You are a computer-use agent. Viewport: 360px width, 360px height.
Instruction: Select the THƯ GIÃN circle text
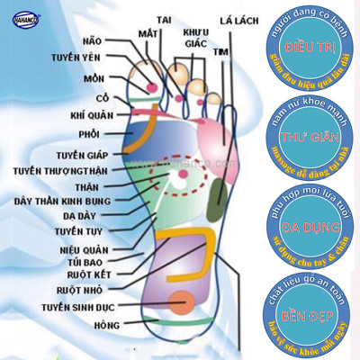306,138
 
